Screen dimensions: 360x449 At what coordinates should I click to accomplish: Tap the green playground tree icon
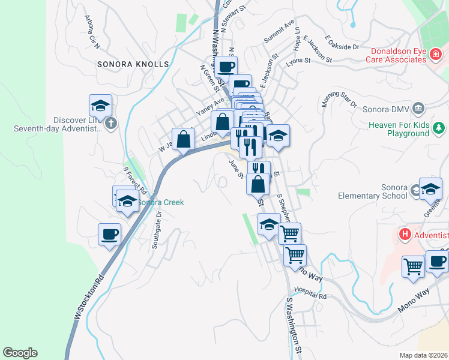(x=439, y=127)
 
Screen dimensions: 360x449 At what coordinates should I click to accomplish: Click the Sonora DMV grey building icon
(x=419, y=109)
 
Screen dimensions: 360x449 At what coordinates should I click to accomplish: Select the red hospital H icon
(x=405, y=233)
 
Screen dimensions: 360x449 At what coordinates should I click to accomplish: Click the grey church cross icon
(x=110, y=124)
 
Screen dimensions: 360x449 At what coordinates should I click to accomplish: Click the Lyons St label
(x=298, y=61)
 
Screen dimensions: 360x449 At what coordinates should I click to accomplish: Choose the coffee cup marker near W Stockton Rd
(x=109, y=234)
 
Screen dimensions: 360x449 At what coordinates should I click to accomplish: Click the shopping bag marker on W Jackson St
(x=184, y=139)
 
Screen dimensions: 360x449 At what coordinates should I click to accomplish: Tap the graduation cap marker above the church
(x=100, y=106)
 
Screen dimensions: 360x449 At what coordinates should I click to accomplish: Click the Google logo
(x=20, y=353)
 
